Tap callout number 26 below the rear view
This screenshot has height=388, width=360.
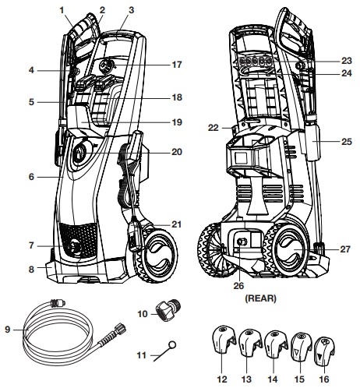[238, 285]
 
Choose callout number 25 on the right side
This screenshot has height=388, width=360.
[346, 141]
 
